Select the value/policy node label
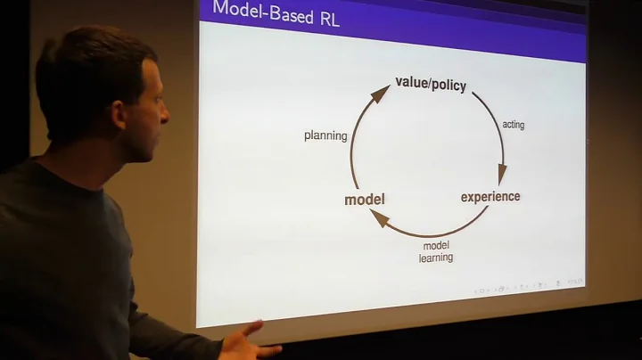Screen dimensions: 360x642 tap(431, 84)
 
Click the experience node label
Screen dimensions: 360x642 tap(490, 196)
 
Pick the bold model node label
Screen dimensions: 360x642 tap(364, 200)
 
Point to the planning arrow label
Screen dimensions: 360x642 tap(325, 135)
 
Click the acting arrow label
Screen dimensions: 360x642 tap(514, 125)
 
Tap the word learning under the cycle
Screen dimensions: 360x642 tap(436, 258)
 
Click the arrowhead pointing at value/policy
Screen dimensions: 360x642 tap(380, 94)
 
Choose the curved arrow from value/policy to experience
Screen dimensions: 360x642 tap(493, 125)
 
